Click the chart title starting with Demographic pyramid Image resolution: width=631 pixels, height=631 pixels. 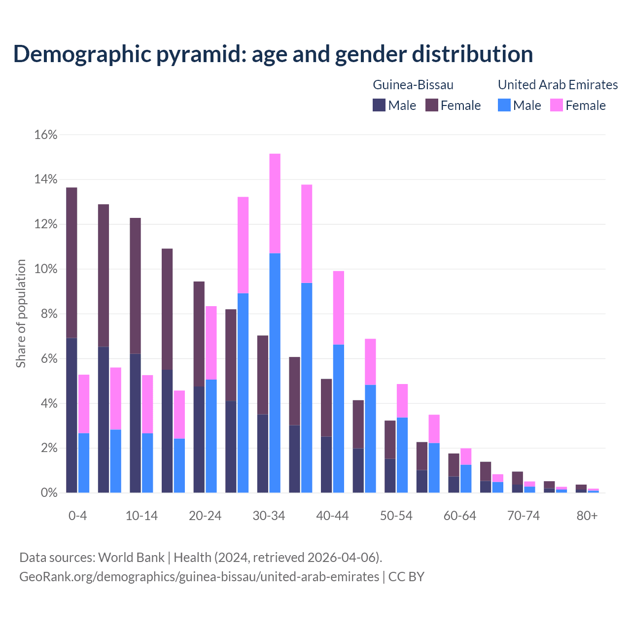(x=273, y=54)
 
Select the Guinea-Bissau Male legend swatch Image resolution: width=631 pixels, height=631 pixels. (x=379, y=105)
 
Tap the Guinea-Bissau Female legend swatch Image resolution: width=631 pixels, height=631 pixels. (x=432, y=105)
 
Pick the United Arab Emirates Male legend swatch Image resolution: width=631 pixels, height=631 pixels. (x=504, y=105)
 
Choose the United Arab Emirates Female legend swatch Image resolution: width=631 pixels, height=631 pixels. (x=557, y=105)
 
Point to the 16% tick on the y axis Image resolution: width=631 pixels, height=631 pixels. (x=46, y=135)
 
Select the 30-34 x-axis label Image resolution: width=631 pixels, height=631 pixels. (x=269, y=516)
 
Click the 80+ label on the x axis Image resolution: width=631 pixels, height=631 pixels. (x=587, y=516)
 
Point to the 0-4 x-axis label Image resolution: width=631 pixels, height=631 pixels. (x=78, y=516)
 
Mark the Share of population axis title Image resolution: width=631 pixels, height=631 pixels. (x=21, y=314)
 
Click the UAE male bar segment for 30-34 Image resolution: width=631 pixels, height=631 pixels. (x=275, y=373)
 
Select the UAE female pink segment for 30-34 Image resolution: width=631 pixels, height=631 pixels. (x=275, y=203)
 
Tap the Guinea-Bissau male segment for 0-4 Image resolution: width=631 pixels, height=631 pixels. (x=71, y=415)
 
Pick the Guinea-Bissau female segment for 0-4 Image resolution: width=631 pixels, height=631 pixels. (x=71, y=262)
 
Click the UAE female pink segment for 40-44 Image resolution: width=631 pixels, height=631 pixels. (x=339, y=308)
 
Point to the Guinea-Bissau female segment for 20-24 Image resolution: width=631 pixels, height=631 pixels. (x=199, y=333)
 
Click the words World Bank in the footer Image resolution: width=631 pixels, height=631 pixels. (x=131, y=558)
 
